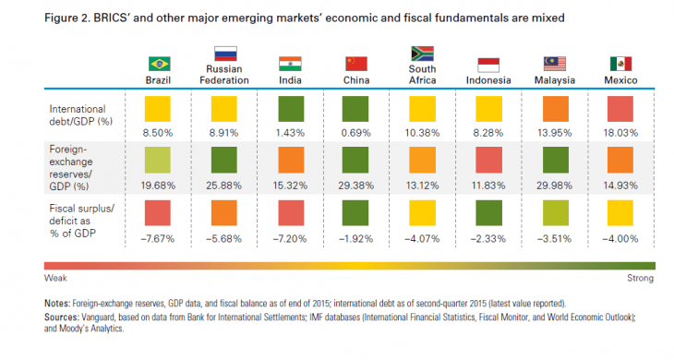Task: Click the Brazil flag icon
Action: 160,64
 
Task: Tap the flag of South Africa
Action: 421,54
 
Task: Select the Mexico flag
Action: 620,64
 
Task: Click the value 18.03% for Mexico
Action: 620,133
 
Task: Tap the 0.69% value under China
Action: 356,133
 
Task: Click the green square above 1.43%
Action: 292,111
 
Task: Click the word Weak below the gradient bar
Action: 55,275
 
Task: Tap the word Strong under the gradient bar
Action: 640,275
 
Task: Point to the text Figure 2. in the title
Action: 68,18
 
